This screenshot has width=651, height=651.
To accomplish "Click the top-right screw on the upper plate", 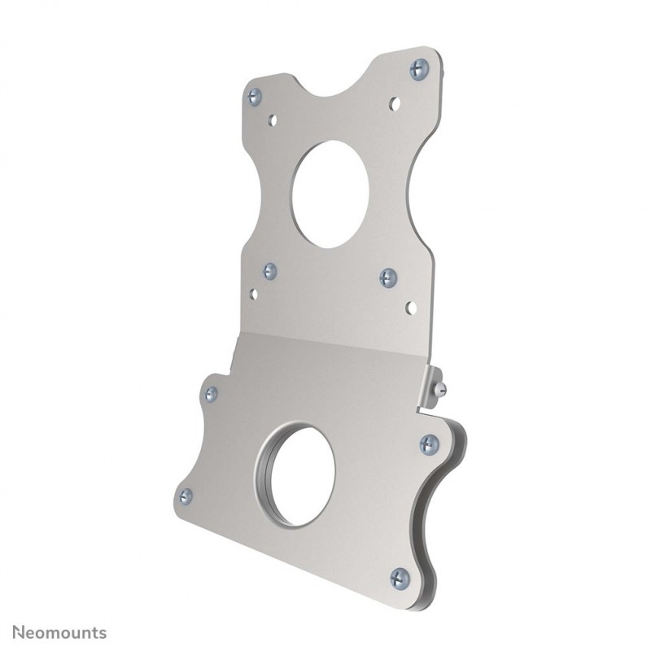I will (419, 68).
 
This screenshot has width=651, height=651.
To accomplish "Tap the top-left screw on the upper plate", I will (255, 95).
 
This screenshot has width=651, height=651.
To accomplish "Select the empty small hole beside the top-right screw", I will (395, 103).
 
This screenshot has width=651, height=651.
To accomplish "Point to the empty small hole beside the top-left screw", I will (273, 120).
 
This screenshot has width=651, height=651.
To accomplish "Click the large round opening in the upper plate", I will (329, 194).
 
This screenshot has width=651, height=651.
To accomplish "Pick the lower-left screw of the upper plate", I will (269, 270).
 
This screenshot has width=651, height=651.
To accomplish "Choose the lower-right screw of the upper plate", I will (388, 277).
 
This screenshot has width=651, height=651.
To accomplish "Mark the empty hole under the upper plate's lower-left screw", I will (253, 294).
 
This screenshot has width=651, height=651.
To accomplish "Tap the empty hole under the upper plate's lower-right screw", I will (411, 308).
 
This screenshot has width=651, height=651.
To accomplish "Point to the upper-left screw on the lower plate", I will (211, 394).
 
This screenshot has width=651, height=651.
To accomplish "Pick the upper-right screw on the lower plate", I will (430, 444).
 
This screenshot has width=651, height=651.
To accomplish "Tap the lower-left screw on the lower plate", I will (186, 495).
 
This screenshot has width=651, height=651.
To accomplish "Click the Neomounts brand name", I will (56, 631).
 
